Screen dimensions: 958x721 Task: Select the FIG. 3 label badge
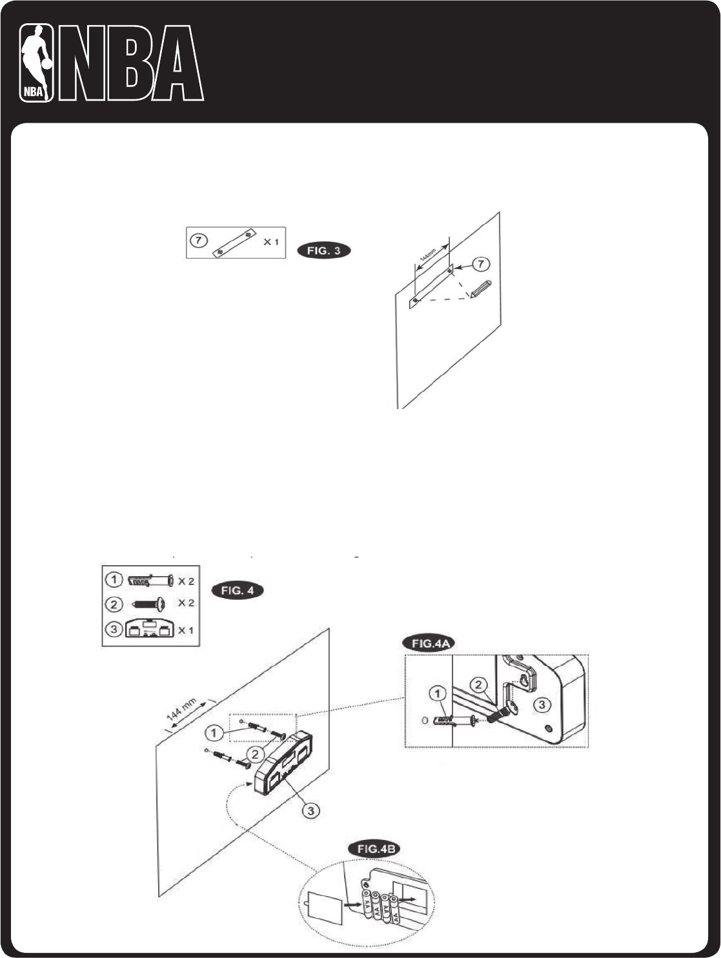click(x=324, y=251)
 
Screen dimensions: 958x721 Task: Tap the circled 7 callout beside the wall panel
click(x=480, y=263)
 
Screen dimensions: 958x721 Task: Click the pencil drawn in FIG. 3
click(x=482, y=288)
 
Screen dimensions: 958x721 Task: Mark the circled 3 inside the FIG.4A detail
click(x=543, y=705)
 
